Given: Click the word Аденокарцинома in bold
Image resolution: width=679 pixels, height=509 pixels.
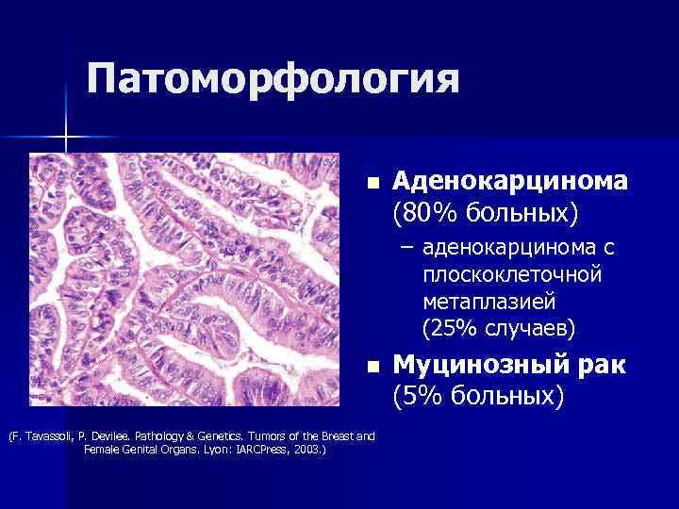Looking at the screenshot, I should [x=510, y=179].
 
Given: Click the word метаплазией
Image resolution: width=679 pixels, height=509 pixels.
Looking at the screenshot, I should [x=489, y=302].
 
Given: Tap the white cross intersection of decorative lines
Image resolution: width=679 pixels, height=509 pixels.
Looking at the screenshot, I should [x=66, y=139].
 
